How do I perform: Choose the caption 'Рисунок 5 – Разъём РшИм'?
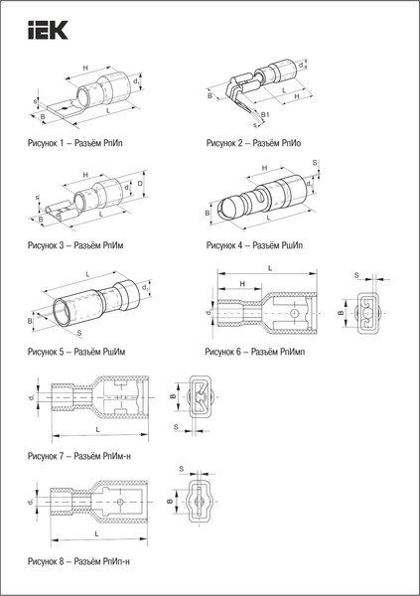pyautogui.click(x=83, y=352)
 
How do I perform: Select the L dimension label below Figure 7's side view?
pyautogui.click(x=96, y=430)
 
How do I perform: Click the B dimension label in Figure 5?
pyautogui.click(x=30, y=322)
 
